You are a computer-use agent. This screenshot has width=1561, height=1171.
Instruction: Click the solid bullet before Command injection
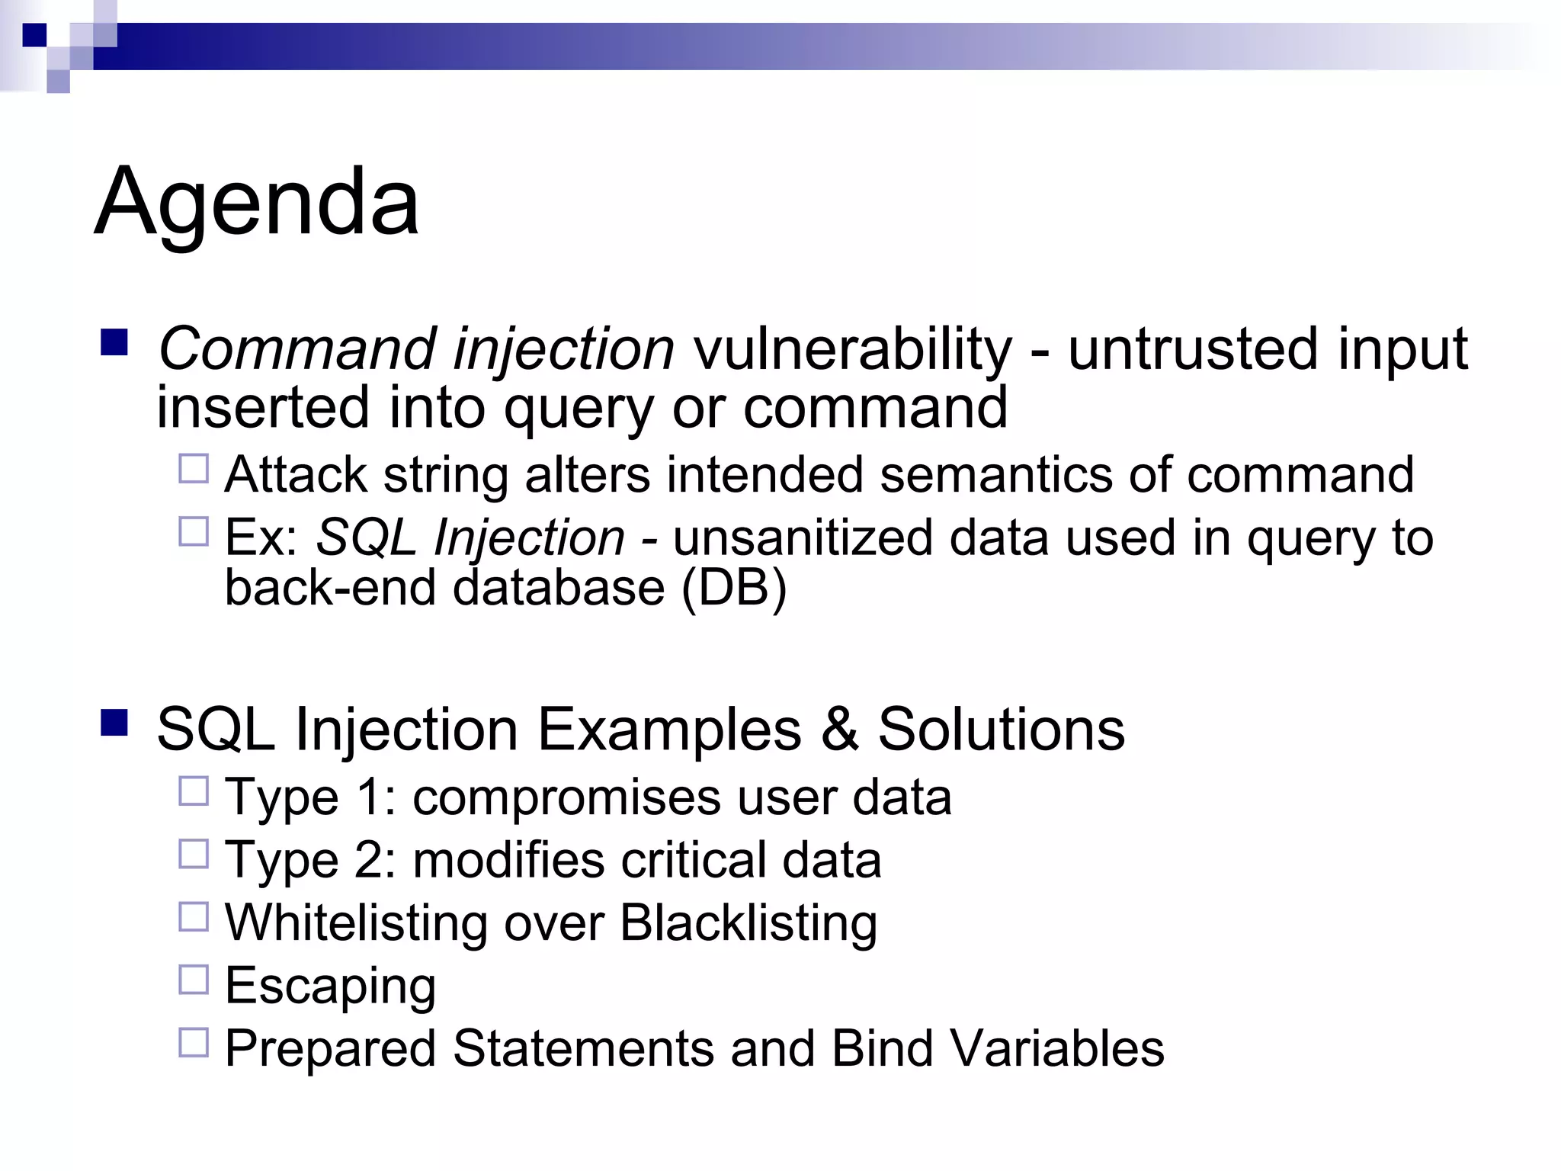(114, 343)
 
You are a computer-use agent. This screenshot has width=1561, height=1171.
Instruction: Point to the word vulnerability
(852, 349)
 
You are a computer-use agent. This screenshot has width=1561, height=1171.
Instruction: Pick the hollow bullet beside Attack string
(194, 469)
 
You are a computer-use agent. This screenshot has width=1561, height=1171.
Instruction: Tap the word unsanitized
(803, 537)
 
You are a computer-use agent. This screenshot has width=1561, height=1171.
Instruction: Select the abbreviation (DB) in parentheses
(733, 588)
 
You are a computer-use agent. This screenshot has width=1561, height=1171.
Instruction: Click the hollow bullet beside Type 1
(194, 791)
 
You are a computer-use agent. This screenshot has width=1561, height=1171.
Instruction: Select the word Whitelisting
(356, 923)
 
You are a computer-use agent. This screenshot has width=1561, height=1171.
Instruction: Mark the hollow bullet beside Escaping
(194, 980)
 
